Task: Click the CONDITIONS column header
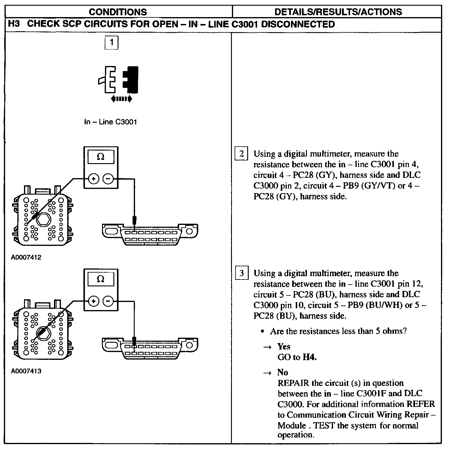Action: (118, 12)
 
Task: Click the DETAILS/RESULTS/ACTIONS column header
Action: (338, 12)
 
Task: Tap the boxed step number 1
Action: (111, 42)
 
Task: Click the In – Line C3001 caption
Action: (110, 122)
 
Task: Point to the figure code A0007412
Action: (26, 257)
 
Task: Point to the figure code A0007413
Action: (26, 371)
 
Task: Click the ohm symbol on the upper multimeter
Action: (101, 157)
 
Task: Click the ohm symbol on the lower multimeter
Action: (101, 279)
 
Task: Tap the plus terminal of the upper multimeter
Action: (94, 179)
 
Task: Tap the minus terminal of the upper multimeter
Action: (108, 179)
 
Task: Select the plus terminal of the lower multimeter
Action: (94, 301)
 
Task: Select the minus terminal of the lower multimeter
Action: (108, 301)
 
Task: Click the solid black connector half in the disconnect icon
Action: (131, 79)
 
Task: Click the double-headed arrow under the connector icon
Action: (121, 99)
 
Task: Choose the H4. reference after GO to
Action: (310, 357)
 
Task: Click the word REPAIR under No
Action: (293, 383)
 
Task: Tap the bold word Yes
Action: (284, 347)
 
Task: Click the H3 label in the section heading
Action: (13, 24)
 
